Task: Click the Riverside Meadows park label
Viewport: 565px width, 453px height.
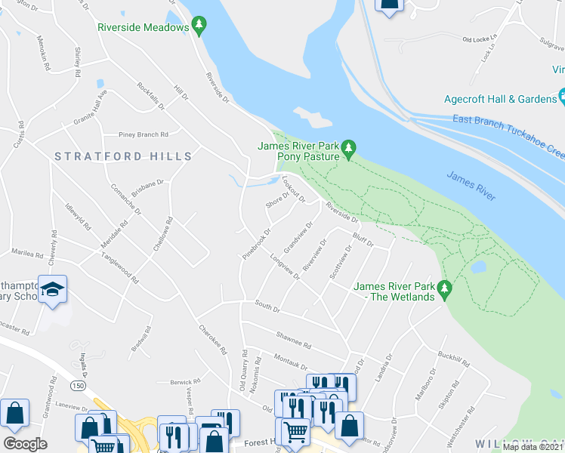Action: (142, 27)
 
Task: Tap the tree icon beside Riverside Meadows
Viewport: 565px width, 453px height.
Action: (199, 27)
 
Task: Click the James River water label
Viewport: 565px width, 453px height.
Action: (471, 185)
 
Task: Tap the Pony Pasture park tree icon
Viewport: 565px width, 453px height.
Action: (348, 149)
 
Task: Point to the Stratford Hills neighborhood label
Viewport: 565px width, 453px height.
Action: (123, 156)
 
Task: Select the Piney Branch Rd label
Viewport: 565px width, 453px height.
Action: (144, 134)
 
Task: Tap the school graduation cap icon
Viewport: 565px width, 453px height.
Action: (54, 289)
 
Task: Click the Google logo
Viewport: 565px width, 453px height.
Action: (25, 444)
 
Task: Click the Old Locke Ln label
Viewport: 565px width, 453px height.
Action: (480, 39)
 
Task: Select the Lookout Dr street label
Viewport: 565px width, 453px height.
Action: (292, 188)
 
